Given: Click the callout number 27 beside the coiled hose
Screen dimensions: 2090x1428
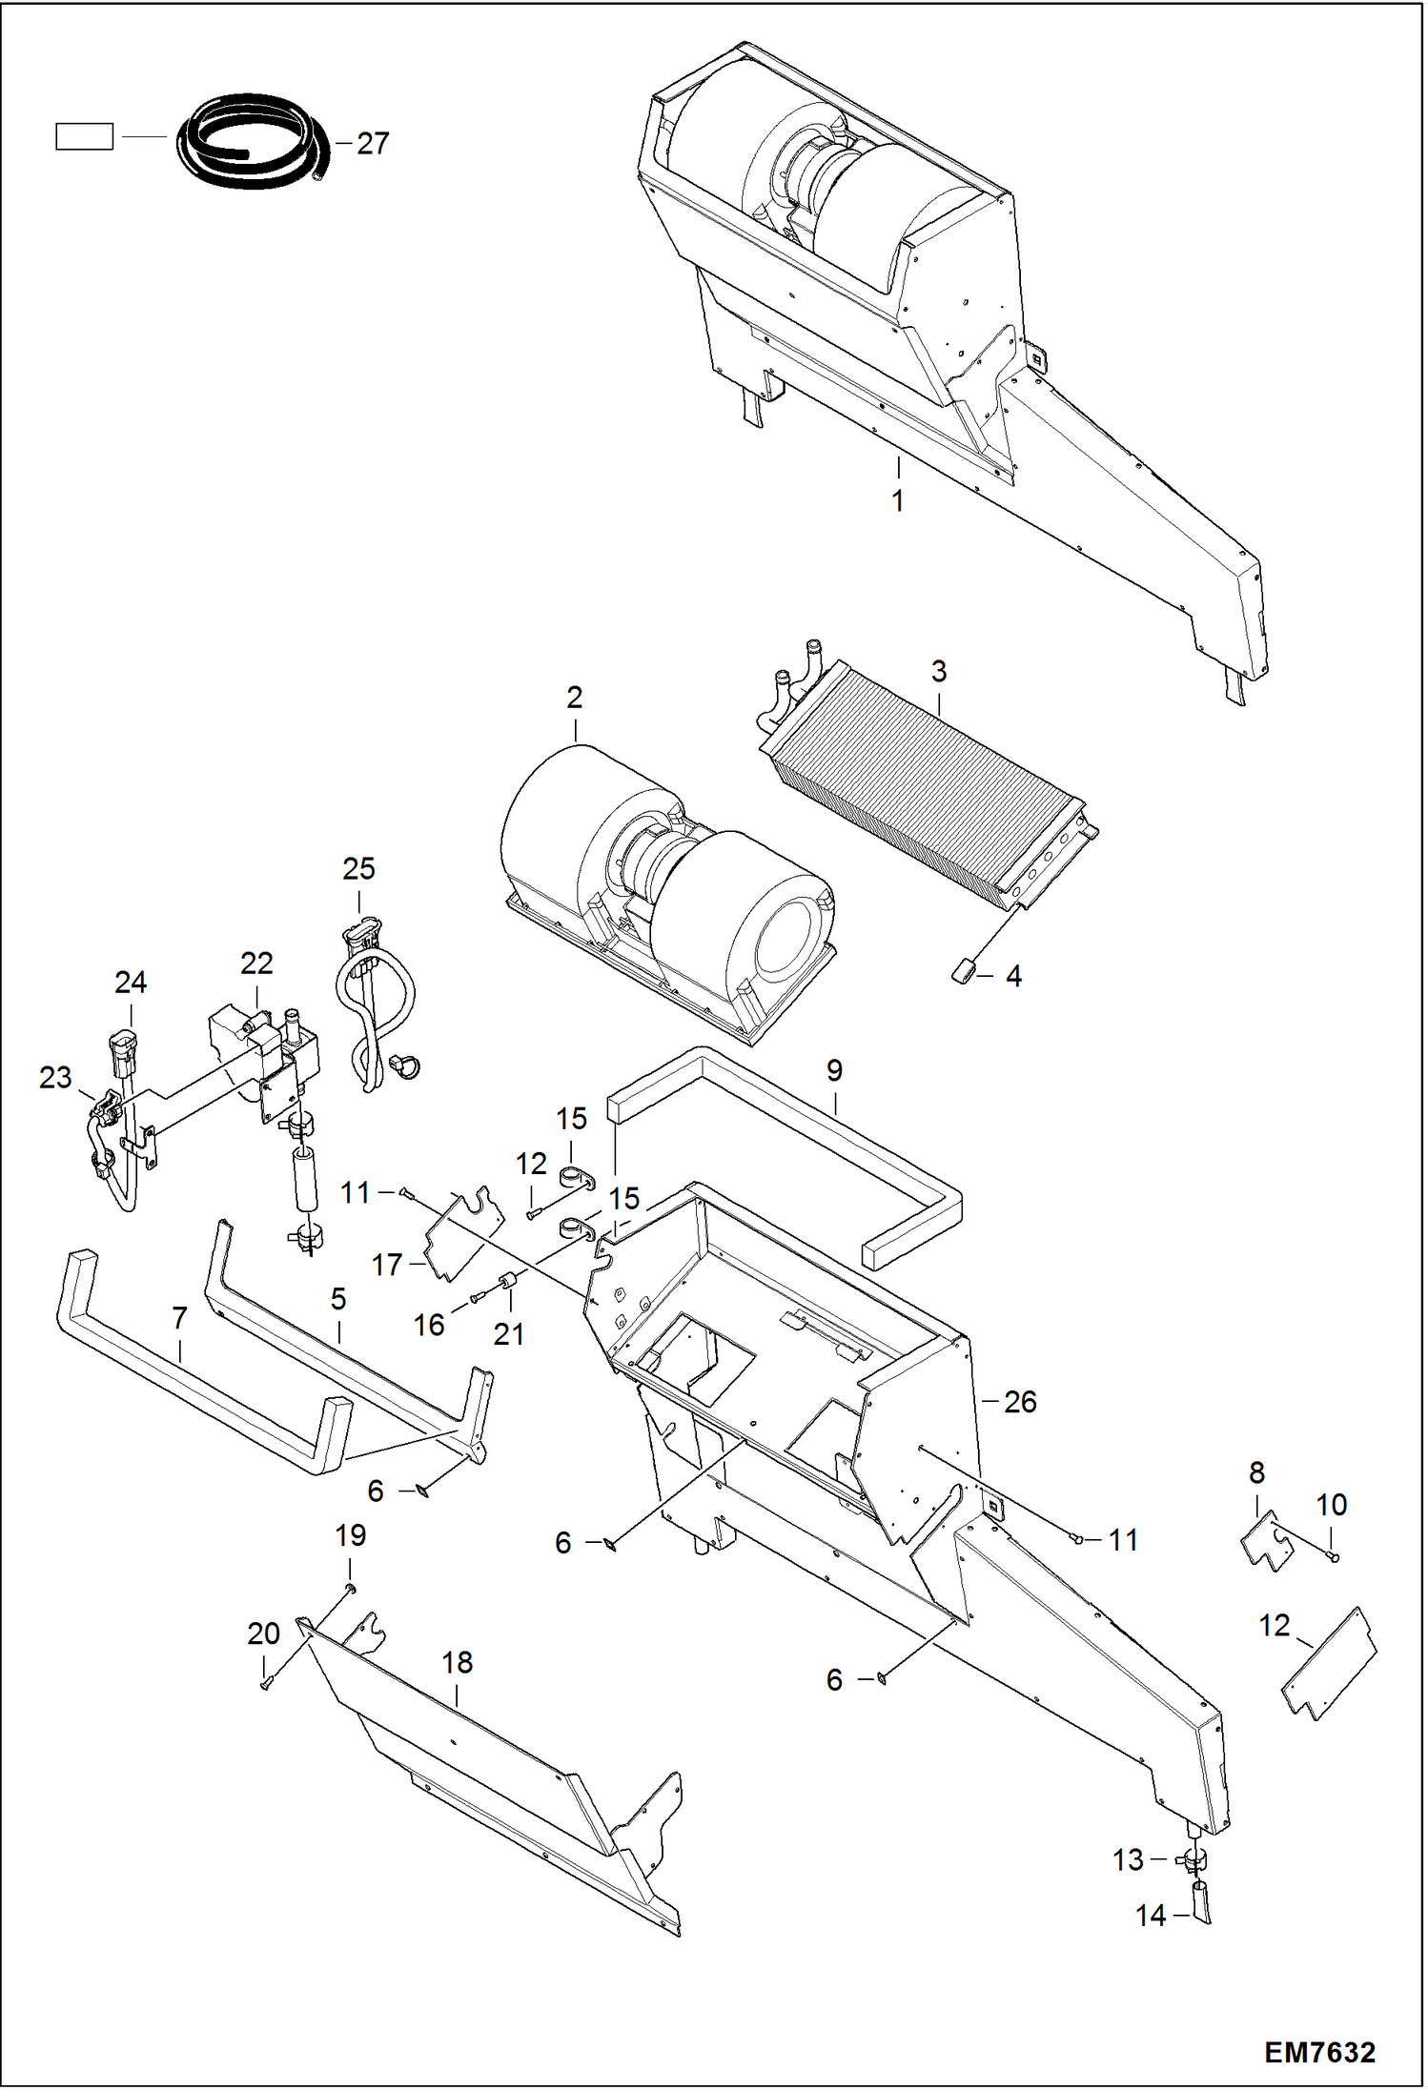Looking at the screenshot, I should coord(373,143).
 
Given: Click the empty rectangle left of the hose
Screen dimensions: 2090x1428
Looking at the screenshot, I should coord(84,137).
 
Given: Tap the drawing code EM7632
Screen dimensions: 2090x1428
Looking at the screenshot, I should coord(1319,2052).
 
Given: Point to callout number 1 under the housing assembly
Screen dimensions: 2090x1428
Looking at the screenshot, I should coord(897,500).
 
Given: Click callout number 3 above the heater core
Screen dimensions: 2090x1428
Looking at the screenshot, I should coord(939,671).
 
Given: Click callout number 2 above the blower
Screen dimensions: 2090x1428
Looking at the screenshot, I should coord(574,698).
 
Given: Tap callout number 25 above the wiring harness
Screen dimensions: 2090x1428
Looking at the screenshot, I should coord(358,869).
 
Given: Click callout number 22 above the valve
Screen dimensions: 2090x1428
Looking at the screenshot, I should coord(256,964).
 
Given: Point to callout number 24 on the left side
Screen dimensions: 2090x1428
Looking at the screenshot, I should coord(131,983).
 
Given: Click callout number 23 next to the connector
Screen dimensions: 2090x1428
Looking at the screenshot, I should coord(55,1078).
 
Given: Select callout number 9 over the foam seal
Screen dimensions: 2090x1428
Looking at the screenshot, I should coord(834,1070).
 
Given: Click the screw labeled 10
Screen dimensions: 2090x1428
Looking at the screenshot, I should coord(1334,1557).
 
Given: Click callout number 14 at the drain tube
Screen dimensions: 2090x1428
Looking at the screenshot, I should coord(1151,1916).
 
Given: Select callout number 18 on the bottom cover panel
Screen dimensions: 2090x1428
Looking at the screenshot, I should coord(458,1662).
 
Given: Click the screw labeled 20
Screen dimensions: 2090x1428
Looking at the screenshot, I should coord(266,1685).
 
